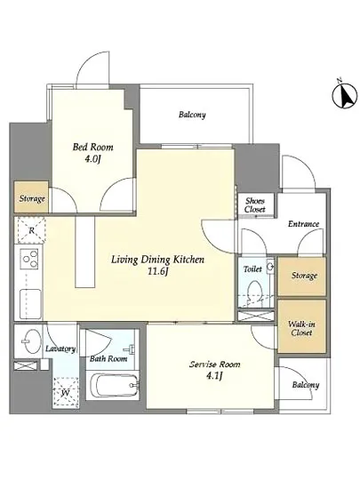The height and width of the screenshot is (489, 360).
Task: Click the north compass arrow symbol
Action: pos(344,95)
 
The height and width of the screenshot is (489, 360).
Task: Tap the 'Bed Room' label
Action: pos(92,147)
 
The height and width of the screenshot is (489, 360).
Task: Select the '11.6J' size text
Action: pos(157,272)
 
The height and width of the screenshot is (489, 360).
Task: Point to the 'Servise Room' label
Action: pos(215,364)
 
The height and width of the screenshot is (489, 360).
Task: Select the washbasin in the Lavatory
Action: pos(31,341)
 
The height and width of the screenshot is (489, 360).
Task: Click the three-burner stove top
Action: pos(29,259)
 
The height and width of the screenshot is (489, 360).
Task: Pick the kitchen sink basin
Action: pos(30,304)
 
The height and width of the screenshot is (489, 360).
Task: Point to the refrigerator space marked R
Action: pos(31,230)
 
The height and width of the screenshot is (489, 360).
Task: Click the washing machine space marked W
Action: pos(66,392)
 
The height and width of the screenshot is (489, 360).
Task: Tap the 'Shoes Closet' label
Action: pos(255,204)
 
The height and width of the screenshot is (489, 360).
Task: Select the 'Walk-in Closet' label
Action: pos(301,328)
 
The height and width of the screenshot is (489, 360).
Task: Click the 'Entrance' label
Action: pos(303,223)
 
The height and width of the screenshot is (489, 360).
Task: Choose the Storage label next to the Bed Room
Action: pos(32,198)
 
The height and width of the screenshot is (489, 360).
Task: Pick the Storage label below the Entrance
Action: pos(304,276)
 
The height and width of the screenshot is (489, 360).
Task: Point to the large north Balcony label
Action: pos(192,115)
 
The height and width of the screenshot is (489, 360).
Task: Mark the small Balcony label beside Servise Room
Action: pos(306,385)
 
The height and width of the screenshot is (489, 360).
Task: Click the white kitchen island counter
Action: pos(84,252)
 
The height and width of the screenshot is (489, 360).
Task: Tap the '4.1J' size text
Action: pos(214,376)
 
